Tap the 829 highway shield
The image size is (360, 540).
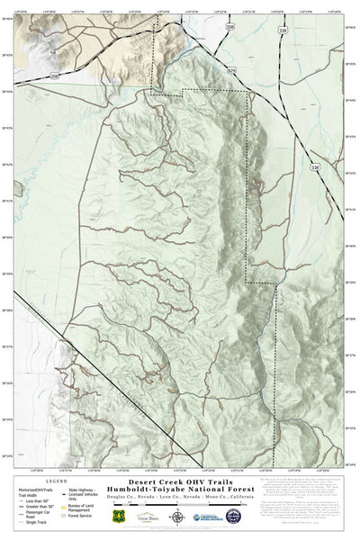point(231,69)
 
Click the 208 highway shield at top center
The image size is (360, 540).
point(229,28)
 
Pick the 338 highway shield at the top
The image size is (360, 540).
point(284,31)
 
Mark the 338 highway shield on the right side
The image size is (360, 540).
point(314,167)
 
